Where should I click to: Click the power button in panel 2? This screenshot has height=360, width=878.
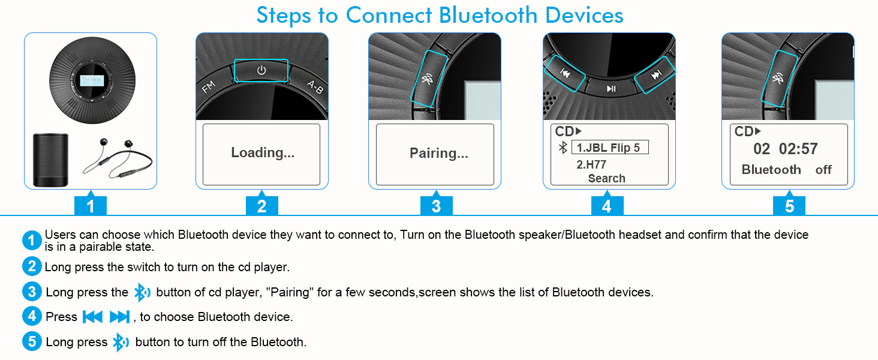pyautogui.click(x=261, y=71)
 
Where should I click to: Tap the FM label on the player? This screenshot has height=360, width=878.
pyautogui.click(x=209, y=86)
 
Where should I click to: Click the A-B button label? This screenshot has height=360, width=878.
pyautogui.click(x=315, y=87)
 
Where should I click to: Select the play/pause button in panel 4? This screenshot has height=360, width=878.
pyautogui.click(x=611, y=89)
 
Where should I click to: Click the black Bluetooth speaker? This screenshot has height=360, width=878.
pyautogui.click(x=50, y=160)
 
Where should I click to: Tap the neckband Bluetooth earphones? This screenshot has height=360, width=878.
pyautogui.click(x=117, y=157)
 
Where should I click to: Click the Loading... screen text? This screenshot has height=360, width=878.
pyautogui.click(x=262, y=152)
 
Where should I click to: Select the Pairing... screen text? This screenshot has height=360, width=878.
pyautogui.click(x=438, y=153)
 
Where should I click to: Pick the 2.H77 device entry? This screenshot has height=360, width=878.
pyautogui.click(x=591, y=164)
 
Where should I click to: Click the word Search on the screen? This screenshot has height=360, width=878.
pyautogui.click(x=606, y=178)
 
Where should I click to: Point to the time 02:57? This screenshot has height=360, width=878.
pyautogui.click(x=798, y=149)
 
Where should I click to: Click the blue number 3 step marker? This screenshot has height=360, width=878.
pyautogui.click(x=436, y=205)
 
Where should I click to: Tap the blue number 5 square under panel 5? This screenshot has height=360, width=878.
pyautogui.click(x=789, y=205)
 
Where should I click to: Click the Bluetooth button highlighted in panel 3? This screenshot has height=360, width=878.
pyautogui.click(x=429, y=79)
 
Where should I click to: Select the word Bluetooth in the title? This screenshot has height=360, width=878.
pyautogui.click(x=488, y=15)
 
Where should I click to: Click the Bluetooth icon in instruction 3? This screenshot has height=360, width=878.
pyautogui.click(x=142, y=293)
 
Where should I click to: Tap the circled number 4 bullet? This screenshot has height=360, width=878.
pyautogui.click(x=32, y=316)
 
